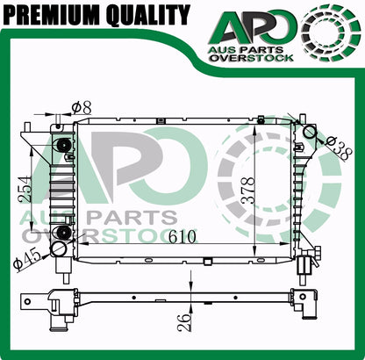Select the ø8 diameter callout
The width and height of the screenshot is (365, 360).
(x=81, y=107)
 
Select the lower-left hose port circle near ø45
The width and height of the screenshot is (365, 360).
(x=60, y=249)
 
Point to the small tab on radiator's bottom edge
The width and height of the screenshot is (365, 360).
(x=207, y=261)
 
